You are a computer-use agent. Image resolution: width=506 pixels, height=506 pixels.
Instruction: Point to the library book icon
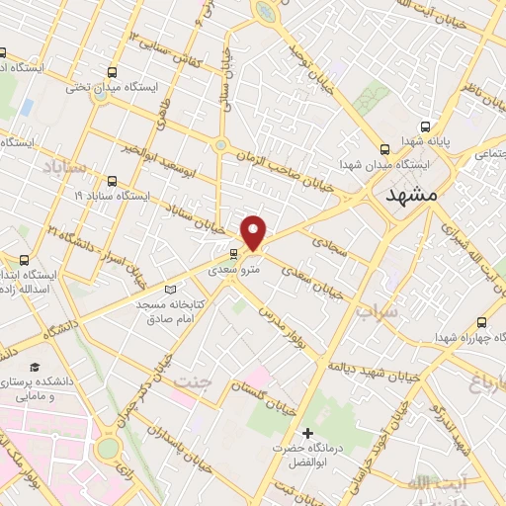pos(171,289)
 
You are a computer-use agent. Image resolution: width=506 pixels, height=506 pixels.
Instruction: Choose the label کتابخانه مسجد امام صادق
pos(171,310)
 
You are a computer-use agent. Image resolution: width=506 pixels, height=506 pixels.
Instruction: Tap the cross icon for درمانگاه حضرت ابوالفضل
pos(308,433)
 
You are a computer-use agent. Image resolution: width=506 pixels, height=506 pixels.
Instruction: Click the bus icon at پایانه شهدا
pos(426,126)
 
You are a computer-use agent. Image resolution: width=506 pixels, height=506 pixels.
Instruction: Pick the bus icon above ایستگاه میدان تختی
pos(112,72)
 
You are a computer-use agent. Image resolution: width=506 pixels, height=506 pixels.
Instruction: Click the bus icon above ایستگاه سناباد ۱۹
pos(111,181)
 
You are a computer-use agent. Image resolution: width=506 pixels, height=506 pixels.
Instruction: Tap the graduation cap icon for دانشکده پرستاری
pos(47,365)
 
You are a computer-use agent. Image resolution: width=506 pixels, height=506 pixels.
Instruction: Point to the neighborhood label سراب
pos(376,313)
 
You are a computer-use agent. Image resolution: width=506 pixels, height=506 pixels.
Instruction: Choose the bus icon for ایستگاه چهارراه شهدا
pos(481,322)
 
